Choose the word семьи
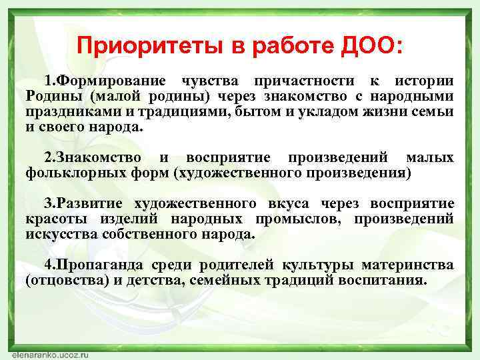point(435,111)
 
